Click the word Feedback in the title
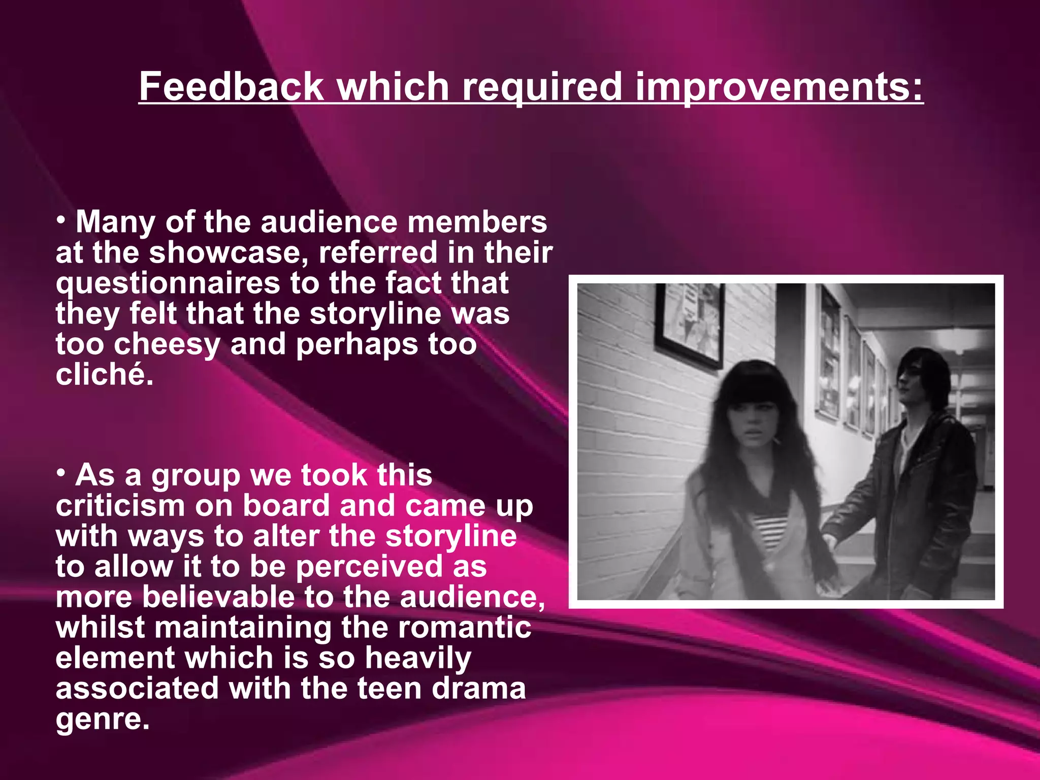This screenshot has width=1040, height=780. click(x=231, y=86)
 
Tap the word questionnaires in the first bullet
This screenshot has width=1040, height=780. click(x=168, y=283)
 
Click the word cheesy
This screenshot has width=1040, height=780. click(x=167, y=344)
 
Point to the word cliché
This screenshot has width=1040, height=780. click(x=104, y=375)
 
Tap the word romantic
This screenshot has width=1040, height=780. click(x=465, y=628)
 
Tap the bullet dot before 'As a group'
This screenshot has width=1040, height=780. click(x=61, y=474)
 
